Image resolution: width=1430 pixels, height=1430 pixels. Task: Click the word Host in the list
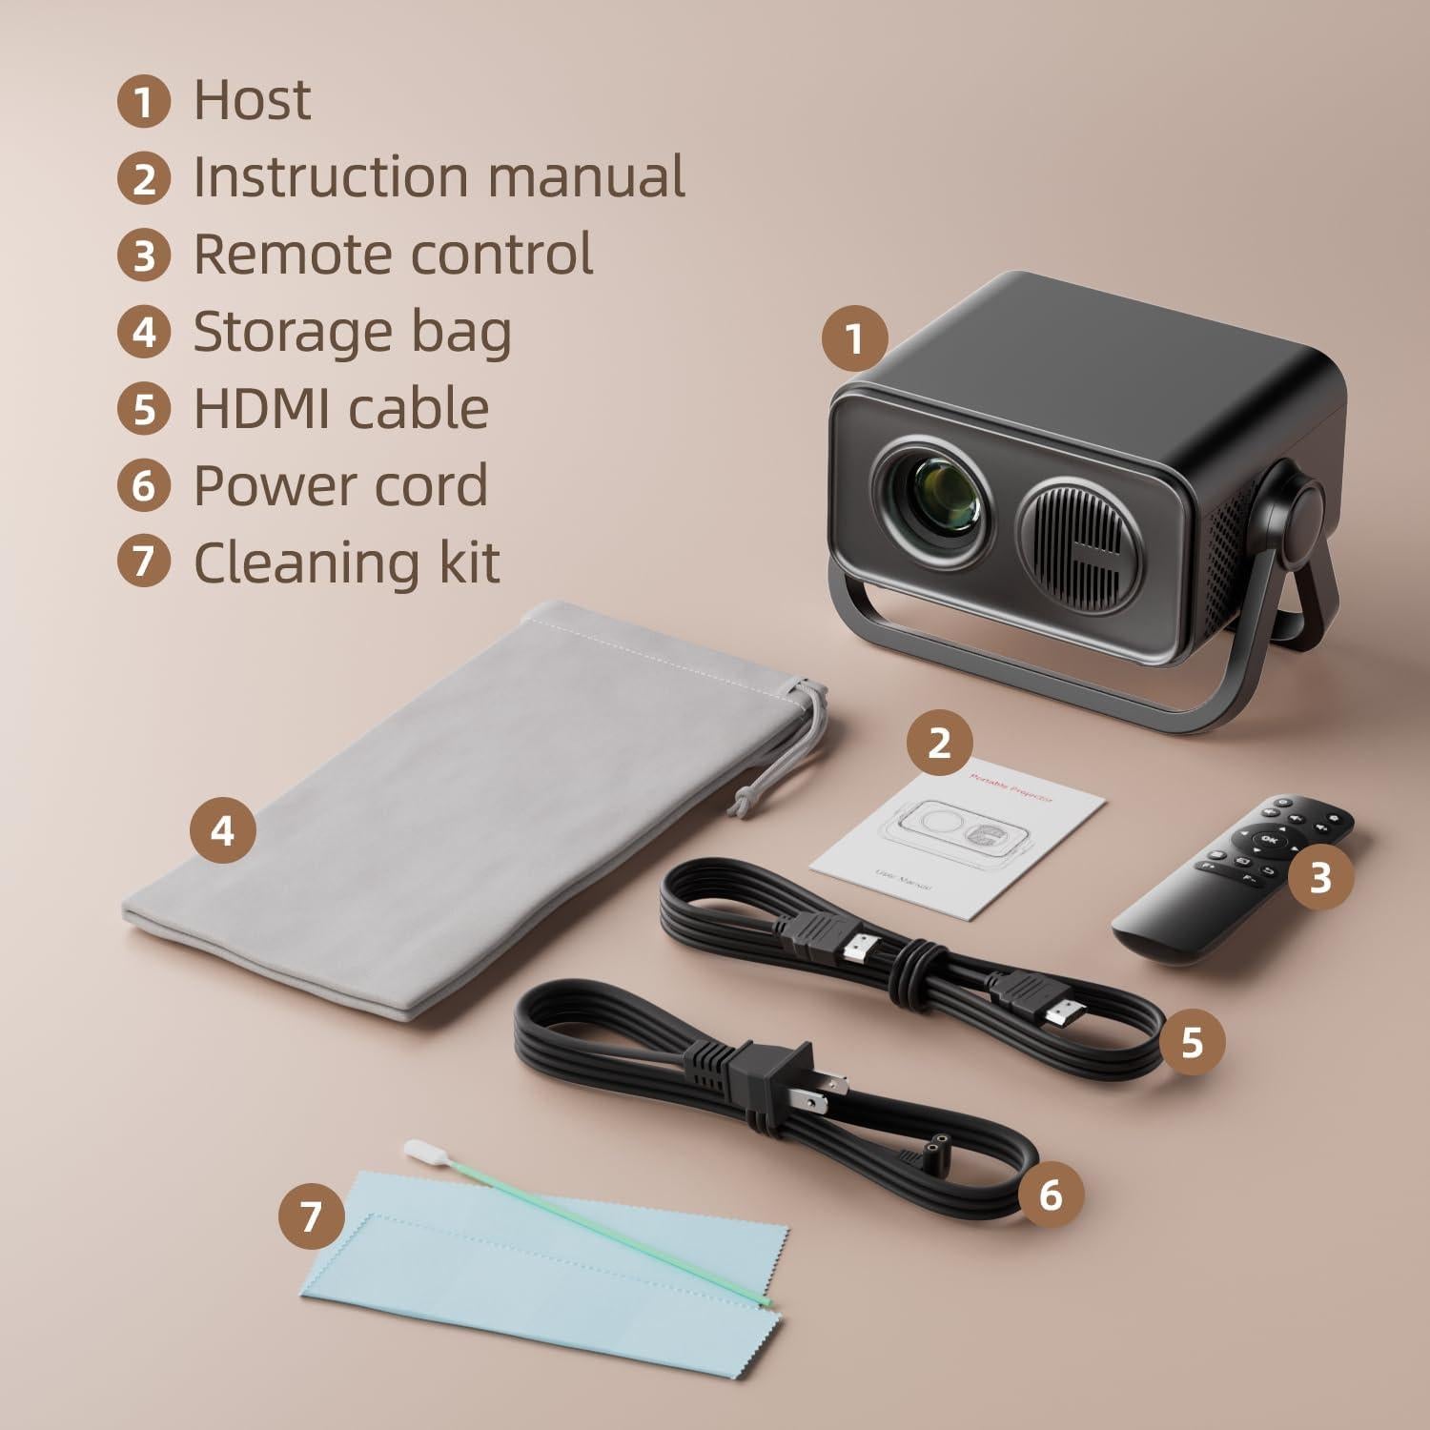click(252, 100)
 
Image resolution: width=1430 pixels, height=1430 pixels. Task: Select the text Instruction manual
click(439, 177)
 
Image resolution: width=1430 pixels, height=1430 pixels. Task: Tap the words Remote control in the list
click(393, 255)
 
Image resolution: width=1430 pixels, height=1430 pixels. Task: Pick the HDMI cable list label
click(340, 409)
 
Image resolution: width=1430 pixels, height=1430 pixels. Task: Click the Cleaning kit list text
click(346, 562)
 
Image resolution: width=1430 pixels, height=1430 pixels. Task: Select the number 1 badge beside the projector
click(854, 337)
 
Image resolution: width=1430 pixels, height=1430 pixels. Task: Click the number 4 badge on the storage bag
click(222, 831)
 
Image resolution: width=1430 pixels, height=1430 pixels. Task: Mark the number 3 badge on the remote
click(1319, 878)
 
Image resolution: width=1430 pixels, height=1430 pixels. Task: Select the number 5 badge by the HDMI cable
click(1192, 1043)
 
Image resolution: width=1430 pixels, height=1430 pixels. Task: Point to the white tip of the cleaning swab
click(418, 1151)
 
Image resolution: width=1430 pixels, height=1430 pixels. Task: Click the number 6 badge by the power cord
click(1050, 1194)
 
